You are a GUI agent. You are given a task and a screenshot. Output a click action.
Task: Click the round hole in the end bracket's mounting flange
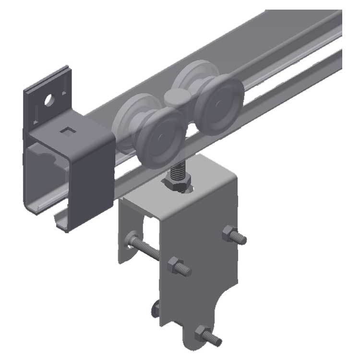click(48, 101)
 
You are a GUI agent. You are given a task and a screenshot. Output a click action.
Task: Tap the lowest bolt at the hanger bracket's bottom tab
click(204, 334)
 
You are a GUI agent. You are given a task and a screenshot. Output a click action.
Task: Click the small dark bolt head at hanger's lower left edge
click(155, 308)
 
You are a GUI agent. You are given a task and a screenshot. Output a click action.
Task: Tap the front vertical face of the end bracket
click(91, 178)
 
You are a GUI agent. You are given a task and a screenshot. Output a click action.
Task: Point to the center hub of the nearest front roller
click(159, 139)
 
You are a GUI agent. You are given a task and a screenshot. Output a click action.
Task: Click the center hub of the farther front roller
click(221, 106)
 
